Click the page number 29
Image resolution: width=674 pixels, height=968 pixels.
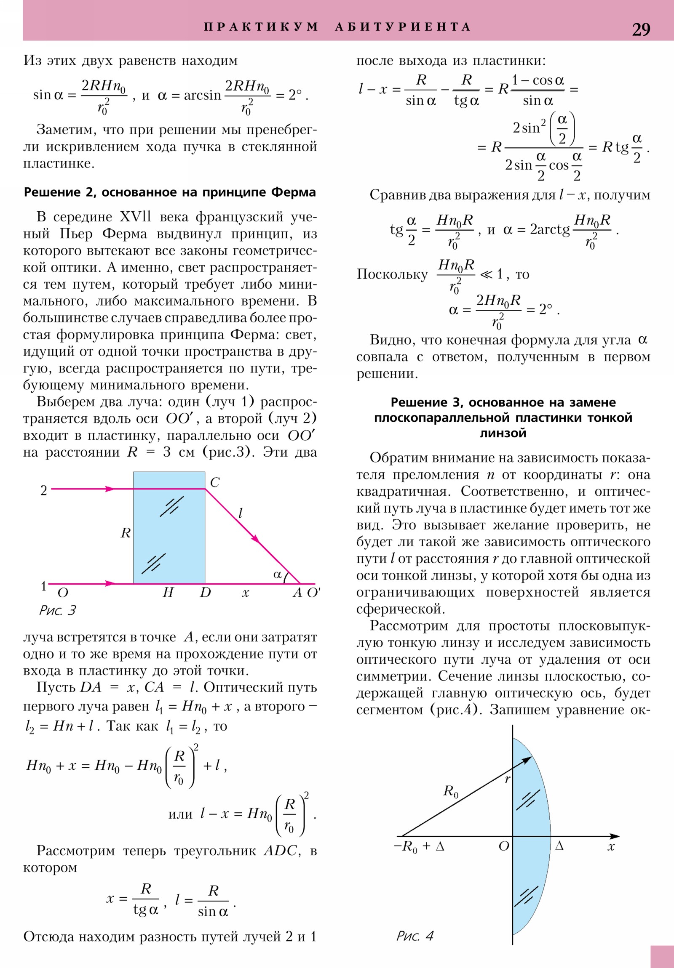click(641, 29)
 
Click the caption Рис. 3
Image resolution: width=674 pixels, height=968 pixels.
click(57, 610)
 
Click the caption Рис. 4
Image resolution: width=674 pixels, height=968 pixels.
click(415, 936)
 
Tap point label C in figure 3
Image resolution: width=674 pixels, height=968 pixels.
click(214, 482)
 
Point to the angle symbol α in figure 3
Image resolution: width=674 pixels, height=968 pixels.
click(277, 574)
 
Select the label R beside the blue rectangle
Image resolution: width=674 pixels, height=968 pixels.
click(126, 533)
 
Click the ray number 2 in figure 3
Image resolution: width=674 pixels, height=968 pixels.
click(43, 490)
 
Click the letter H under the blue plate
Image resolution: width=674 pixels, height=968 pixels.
click(168, 593)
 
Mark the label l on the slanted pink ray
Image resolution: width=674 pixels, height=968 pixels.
click(241, 513)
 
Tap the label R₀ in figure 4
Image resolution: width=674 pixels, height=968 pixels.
click(450, 791)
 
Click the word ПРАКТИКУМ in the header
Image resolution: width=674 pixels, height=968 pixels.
click(261, 27)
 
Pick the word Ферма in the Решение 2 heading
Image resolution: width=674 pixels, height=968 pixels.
click(293, 192)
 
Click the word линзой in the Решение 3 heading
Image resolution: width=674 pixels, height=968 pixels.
click(503, 433)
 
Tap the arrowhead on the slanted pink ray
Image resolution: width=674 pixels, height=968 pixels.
click(255, 539)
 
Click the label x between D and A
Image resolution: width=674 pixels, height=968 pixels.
click(246, 593)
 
